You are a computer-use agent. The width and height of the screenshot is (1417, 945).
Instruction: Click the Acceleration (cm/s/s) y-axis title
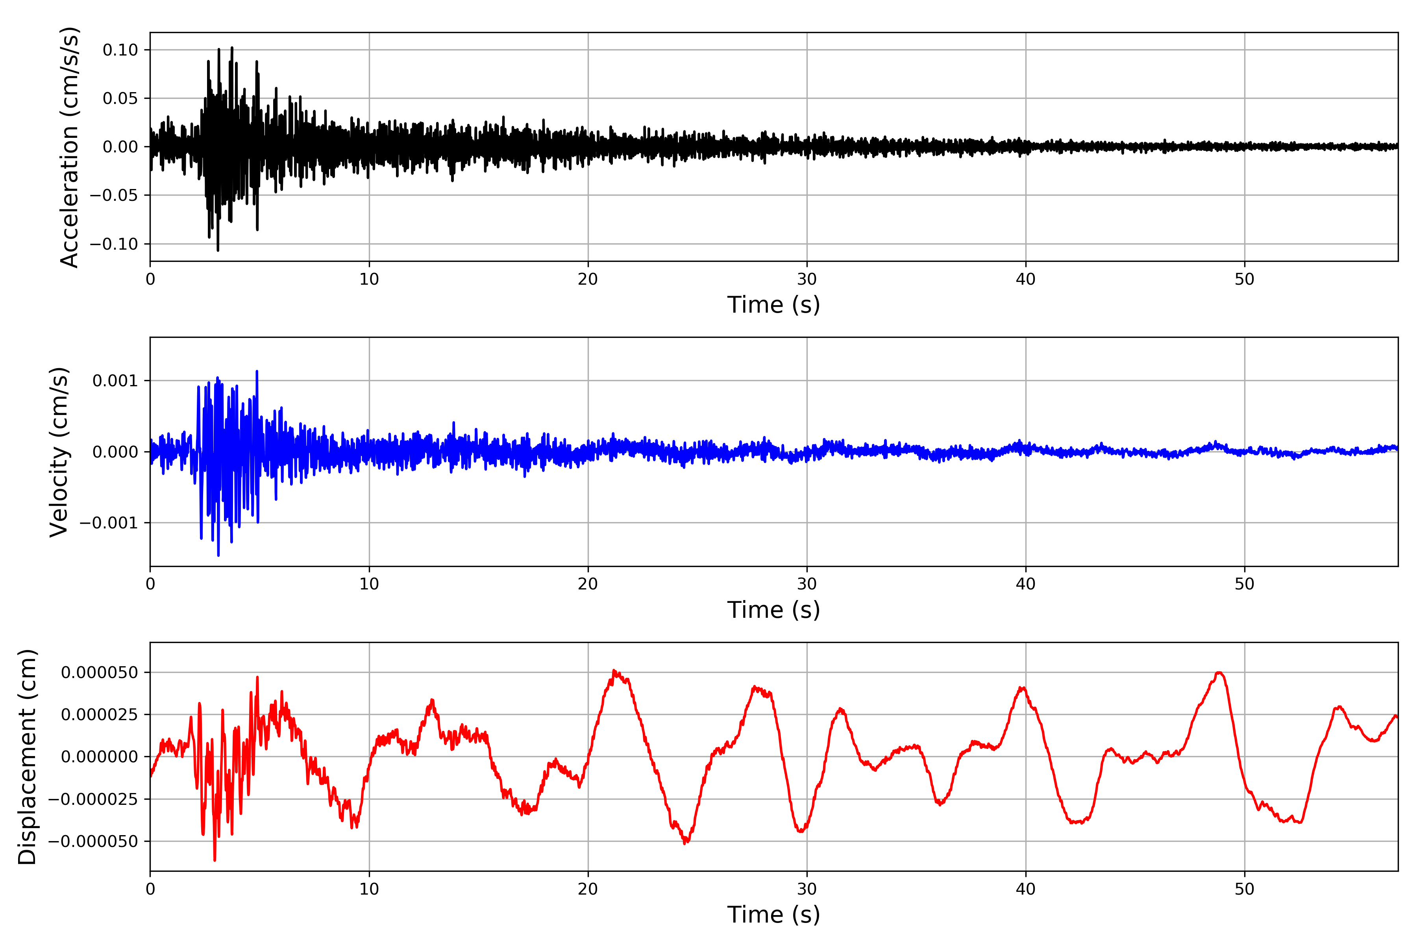[x=69, y=147]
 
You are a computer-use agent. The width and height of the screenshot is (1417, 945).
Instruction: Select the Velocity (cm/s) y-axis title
[x=59, y=452]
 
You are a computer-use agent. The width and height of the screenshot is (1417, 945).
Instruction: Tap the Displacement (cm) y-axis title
[x=27, y=757]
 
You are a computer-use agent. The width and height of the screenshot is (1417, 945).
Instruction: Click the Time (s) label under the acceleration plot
[x=773, y=305]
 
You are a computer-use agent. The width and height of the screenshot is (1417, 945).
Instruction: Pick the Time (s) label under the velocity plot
[x=773, y=610]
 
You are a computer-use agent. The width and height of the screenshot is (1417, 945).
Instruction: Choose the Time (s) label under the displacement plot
[x=773, y=915]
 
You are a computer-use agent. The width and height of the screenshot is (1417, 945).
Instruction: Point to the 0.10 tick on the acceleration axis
[x=120, y=50]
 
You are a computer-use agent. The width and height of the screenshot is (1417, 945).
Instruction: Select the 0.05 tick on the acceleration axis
[x=120, y=98]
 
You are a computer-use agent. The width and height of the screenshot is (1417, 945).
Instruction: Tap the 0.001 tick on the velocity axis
[x=115, y=381]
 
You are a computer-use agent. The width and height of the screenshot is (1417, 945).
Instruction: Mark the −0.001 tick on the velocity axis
[x=109, y=523]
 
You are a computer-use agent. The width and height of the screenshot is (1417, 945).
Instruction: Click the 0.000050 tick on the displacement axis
[x=100, y=673]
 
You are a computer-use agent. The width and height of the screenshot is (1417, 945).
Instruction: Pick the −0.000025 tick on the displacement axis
[x=93, y=800]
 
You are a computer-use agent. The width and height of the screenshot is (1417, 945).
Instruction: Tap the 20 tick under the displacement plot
[x=588, y=889]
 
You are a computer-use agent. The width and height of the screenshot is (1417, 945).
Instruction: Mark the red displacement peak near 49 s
[x=1219, y=673]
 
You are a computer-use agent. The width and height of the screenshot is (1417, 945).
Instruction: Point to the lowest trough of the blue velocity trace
[x=218, y=555]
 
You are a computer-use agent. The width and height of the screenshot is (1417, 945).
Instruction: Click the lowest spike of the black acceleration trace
[x=218, y=250]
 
